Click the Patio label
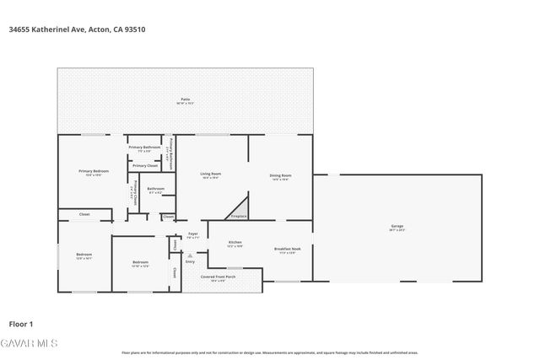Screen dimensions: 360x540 pos(185,99)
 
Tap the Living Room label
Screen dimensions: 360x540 pos(210,175)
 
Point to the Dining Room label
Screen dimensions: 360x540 pos(280,175)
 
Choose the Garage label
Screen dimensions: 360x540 pos(397,226)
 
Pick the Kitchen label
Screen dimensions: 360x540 pos(235,242)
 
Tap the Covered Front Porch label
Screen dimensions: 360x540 pos(218,277)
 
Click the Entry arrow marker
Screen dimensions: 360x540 pos(190,255)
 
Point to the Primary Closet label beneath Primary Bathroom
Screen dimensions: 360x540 pos(145,165)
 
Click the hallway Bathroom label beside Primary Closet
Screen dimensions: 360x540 pos(155,189)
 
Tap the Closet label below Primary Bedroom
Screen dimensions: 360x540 pos(84,214)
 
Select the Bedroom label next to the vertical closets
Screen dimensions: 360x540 pos(140,262)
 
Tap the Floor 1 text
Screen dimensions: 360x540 pos(20,324)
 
